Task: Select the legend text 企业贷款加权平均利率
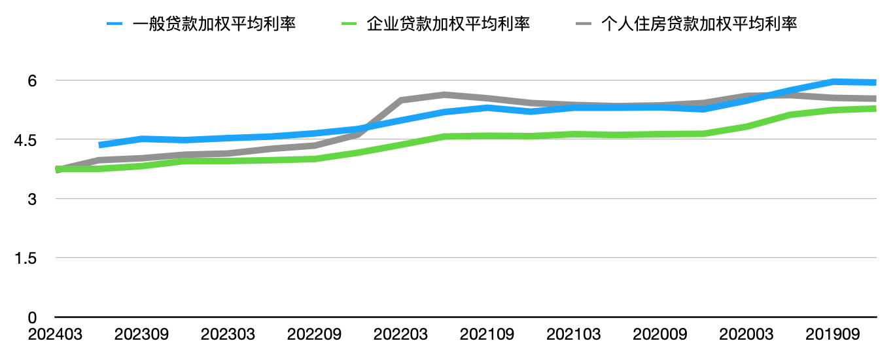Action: (x=448, y=24)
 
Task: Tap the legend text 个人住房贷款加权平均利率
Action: (x=699, y=24)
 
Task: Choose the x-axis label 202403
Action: (x=56, y=334)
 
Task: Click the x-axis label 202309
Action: (x=141, y=334)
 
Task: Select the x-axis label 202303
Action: (x=228, y=334)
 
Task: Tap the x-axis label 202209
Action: (x=314, y=334)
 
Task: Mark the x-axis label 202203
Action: (x=400, y=334)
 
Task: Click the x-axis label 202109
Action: (x=487, y=334)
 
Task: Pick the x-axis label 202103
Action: (x=573, y=334)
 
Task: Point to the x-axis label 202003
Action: (x=746, y=334)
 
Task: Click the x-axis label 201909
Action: (x=832, y=334)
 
